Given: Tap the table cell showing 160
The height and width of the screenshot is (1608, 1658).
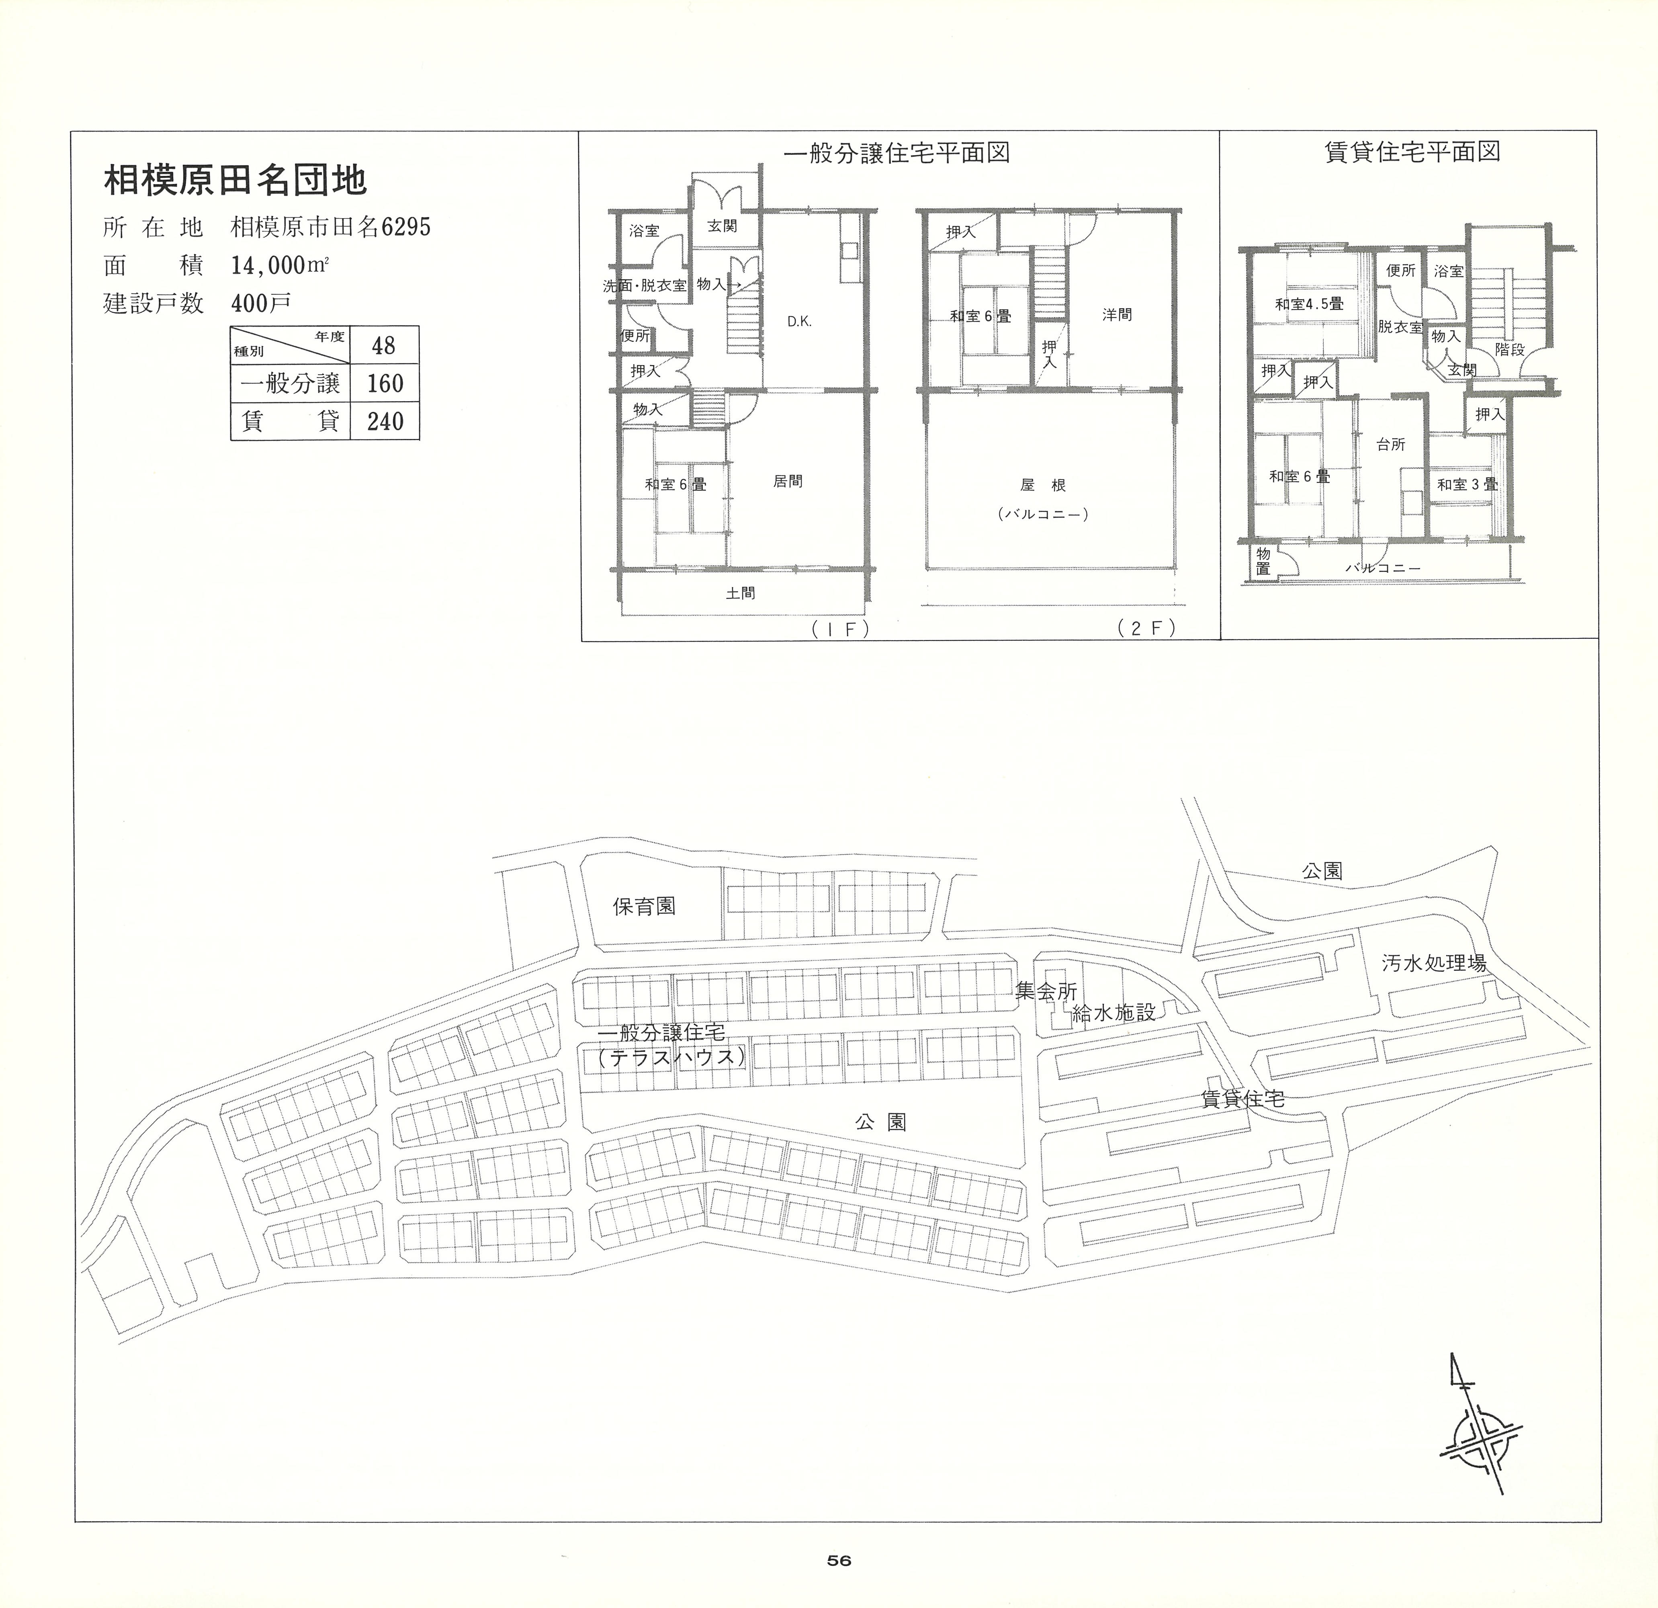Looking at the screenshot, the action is pyautogui.click(x=385, y=384).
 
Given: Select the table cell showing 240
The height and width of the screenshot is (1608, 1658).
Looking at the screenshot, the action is pyautogui.click(x=385, y=420).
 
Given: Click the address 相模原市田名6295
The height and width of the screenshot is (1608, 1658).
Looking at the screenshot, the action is pyautogui.click(x=331, y=227).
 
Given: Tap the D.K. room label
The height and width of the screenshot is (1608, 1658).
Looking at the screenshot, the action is pyautogui.click(x=799, y=322).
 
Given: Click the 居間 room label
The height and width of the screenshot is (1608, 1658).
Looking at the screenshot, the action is pyautogui.click(x=788, y=481).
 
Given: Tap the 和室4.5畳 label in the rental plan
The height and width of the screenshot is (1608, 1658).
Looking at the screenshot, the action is pyautogui.click(x=1310, y=303).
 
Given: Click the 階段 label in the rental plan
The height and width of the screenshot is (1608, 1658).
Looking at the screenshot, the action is pyautogui.click(x=1510, y=349).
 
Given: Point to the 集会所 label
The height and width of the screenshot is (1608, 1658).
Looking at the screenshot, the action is pyautogui.click(x=1046, y=991).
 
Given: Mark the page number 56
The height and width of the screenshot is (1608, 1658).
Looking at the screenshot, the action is pyautogui.click(x=839, y=1560).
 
